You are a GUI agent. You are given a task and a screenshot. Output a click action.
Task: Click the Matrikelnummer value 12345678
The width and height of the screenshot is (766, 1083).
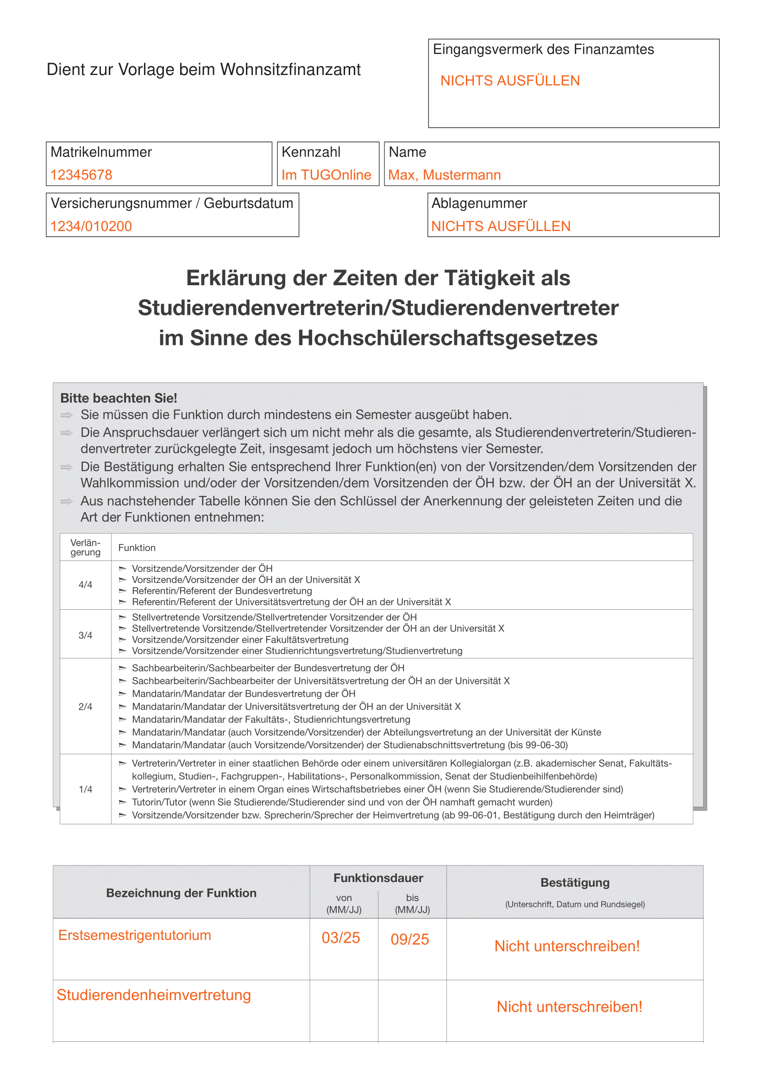81,175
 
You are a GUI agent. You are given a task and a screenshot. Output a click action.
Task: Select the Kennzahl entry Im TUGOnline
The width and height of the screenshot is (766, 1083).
326,175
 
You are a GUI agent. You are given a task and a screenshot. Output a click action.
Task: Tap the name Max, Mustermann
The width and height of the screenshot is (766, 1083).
444,175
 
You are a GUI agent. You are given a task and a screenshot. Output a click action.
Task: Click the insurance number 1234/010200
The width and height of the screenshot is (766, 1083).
91,226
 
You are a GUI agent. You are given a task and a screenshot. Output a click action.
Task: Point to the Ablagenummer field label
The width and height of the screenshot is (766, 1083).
479,203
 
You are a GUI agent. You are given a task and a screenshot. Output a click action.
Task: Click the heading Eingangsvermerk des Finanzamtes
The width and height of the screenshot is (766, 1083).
543,50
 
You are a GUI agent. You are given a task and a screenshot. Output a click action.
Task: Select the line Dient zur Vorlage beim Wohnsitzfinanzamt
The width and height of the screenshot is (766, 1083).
203,69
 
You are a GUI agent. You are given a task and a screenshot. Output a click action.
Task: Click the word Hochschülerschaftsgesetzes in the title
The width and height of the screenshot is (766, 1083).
447,338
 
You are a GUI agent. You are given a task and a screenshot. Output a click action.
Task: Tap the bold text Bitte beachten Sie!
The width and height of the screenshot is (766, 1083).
119,398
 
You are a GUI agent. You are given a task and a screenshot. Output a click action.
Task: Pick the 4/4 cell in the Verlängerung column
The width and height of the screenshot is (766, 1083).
85,585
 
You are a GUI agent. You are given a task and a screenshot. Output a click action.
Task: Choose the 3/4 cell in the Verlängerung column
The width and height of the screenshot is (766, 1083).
85,635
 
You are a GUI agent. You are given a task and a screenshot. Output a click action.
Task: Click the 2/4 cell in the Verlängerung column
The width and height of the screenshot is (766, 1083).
85,707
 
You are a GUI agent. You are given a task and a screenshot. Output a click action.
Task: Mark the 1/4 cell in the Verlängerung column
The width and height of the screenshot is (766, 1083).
85,789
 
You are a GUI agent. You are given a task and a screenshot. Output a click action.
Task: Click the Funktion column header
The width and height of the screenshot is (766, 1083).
137,548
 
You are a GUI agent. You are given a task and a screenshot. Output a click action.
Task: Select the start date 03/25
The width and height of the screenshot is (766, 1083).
340,938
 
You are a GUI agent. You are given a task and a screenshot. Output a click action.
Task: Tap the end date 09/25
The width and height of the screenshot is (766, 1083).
409,939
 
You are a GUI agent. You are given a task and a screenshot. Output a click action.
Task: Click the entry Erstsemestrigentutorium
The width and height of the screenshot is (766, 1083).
134,935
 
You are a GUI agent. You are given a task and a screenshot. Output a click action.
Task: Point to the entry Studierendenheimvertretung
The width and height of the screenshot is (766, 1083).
154,995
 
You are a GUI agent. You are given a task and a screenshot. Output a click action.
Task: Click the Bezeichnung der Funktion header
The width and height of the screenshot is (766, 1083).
181,893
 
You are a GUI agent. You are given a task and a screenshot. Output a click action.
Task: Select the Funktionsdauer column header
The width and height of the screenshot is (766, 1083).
378,878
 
